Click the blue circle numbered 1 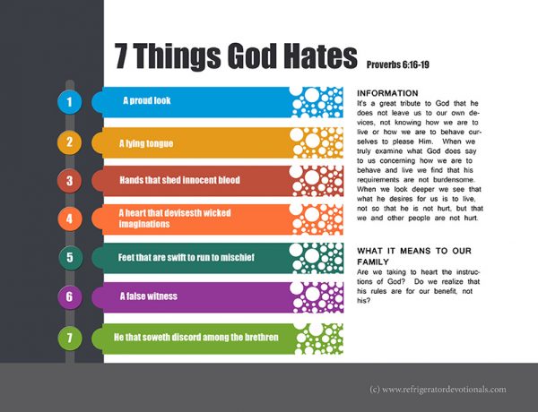[x=70, y=102]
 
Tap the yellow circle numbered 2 [x=70, y=142]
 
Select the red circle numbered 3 [x=70, y=181]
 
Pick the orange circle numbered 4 [x=70, y=219]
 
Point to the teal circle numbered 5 [x=70, y=257]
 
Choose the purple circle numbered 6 [x=70, y=296]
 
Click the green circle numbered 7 [x=70, y=338]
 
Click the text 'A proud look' [x=147, y=100]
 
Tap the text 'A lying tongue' [x=146, y=143]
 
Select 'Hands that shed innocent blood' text [x=180, y=180]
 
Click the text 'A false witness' [x=149, y=296]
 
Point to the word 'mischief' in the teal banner [x=238, y=257]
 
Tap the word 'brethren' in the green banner [x=262, y=337]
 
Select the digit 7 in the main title [x=121, y=56]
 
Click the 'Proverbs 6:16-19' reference [x=398, y=64]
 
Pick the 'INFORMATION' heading [x=387, y=93]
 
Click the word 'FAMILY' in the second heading [x=373, y=262]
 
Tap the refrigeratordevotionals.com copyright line [x=438, y=390]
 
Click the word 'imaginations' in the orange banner [x=144, y=224]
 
